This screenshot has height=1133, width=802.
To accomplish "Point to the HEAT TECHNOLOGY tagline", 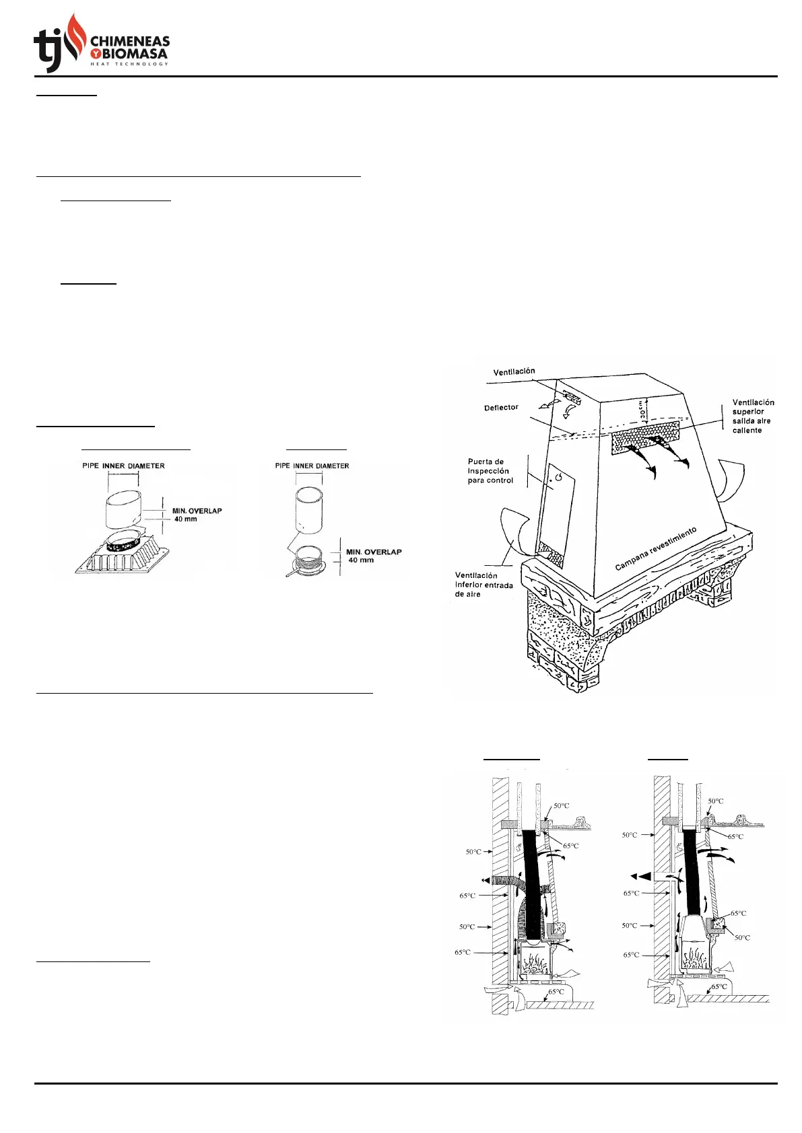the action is pos(129,64).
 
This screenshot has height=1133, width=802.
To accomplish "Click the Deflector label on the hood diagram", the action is pos(501,408).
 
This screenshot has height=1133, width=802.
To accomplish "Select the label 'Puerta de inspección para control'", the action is pos(490,471).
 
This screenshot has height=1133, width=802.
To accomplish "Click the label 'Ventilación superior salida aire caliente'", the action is pos(753,416).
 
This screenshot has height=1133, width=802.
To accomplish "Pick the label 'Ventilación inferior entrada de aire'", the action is pos(483,585).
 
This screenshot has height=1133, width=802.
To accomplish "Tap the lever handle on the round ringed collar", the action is pos(294,573).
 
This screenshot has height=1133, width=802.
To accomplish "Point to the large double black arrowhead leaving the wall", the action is pos(640,876).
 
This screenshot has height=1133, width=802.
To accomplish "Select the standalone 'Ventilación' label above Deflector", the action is pos(514,371).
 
